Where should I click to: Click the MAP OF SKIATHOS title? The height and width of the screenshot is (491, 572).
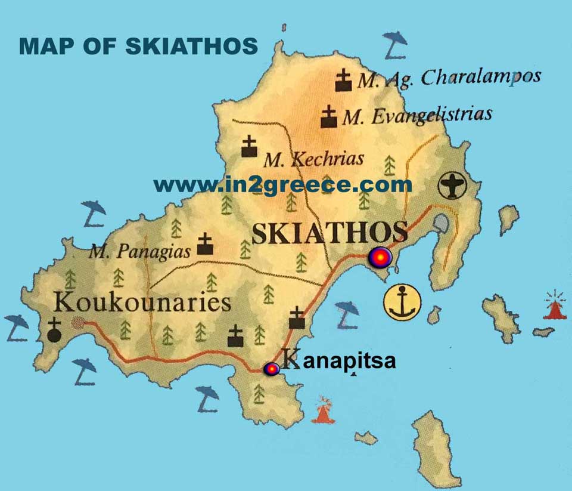pos(138,46)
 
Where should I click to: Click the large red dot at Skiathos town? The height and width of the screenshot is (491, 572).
pos(380,258)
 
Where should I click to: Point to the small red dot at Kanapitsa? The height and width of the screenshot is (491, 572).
pos(272,369)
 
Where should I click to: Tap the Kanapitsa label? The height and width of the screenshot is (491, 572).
pos(338,361)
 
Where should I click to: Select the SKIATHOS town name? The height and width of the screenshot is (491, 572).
pos(329,232)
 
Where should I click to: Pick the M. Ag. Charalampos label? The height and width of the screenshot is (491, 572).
pos(448,78)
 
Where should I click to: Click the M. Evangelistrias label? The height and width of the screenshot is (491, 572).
pos(418,115)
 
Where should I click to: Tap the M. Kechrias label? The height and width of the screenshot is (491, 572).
pos(313,159)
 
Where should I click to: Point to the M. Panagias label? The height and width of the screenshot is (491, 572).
pos(139,251)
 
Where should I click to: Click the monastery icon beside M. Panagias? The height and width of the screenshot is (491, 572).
pos(205,245)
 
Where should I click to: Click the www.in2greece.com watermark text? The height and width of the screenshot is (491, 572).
pos(282,185)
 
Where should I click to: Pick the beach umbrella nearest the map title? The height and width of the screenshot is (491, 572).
pos(394,45)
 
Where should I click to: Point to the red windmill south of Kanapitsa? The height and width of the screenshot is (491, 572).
pos(324,410)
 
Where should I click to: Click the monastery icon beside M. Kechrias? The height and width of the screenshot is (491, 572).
pos(249,147)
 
